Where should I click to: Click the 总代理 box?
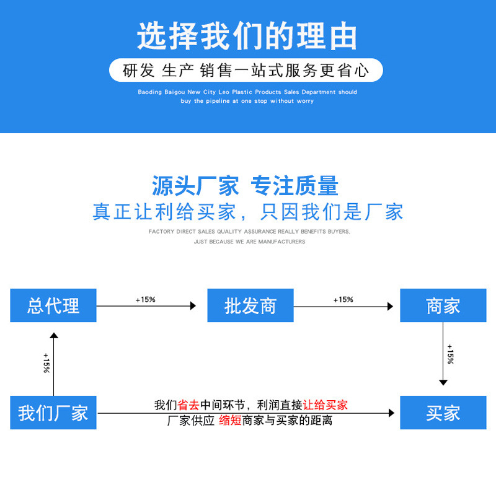[53, 305]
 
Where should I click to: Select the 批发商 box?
[250, 305]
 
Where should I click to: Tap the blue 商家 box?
[443, 305]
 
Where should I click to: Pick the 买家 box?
[443, 413]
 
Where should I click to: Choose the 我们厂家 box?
[53, 413]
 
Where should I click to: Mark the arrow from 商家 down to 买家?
[443, 359]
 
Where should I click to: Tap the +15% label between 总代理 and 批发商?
[145, 300]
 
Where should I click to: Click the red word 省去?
[188, 405]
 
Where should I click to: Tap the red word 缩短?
[231, 421]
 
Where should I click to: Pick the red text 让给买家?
[325, 405]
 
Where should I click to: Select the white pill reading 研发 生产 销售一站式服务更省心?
[246, 71]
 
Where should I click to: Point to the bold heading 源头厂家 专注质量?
[246, 186]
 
